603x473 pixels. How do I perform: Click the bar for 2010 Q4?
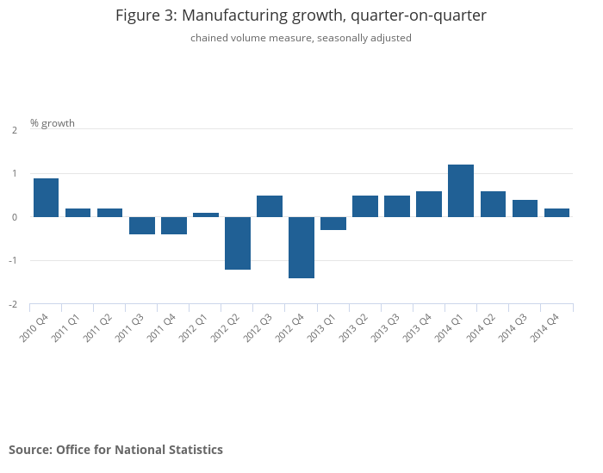click(47, 198)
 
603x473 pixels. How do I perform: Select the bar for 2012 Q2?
click(238, 243)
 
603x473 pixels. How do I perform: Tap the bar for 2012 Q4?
click(301, 247)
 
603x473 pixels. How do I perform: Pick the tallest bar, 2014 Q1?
click(461, 191)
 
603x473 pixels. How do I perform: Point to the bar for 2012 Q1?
click(206, 215)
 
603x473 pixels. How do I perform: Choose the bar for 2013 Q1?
click(333, 224)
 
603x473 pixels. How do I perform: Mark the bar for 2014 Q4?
click(556, 213)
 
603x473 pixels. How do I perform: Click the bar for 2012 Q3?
click(270, 207)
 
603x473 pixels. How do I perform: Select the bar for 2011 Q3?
click(142, 226)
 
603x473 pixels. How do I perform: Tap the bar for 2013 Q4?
click(429, 204)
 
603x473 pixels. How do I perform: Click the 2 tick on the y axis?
click(15, 130)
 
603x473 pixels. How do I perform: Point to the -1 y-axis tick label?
click(13, 261)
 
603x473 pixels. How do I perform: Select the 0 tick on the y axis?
click(15, 217)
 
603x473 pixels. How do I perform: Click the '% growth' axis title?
click(53, 123)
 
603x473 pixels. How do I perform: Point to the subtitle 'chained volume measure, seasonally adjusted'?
click(301, 38)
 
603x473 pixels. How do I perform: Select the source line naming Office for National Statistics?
click(115, 450)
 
